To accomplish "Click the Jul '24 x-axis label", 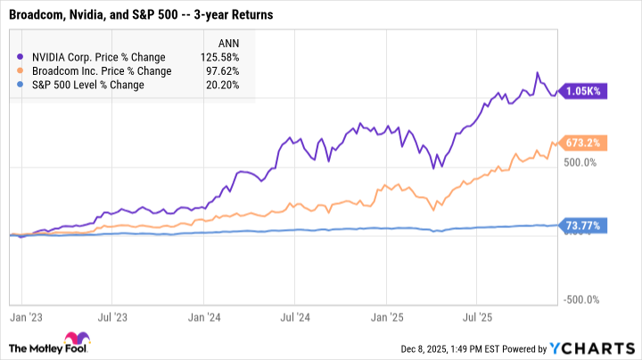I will tap(294, 315).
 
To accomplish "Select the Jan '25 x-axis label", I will tap(385, 315).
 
